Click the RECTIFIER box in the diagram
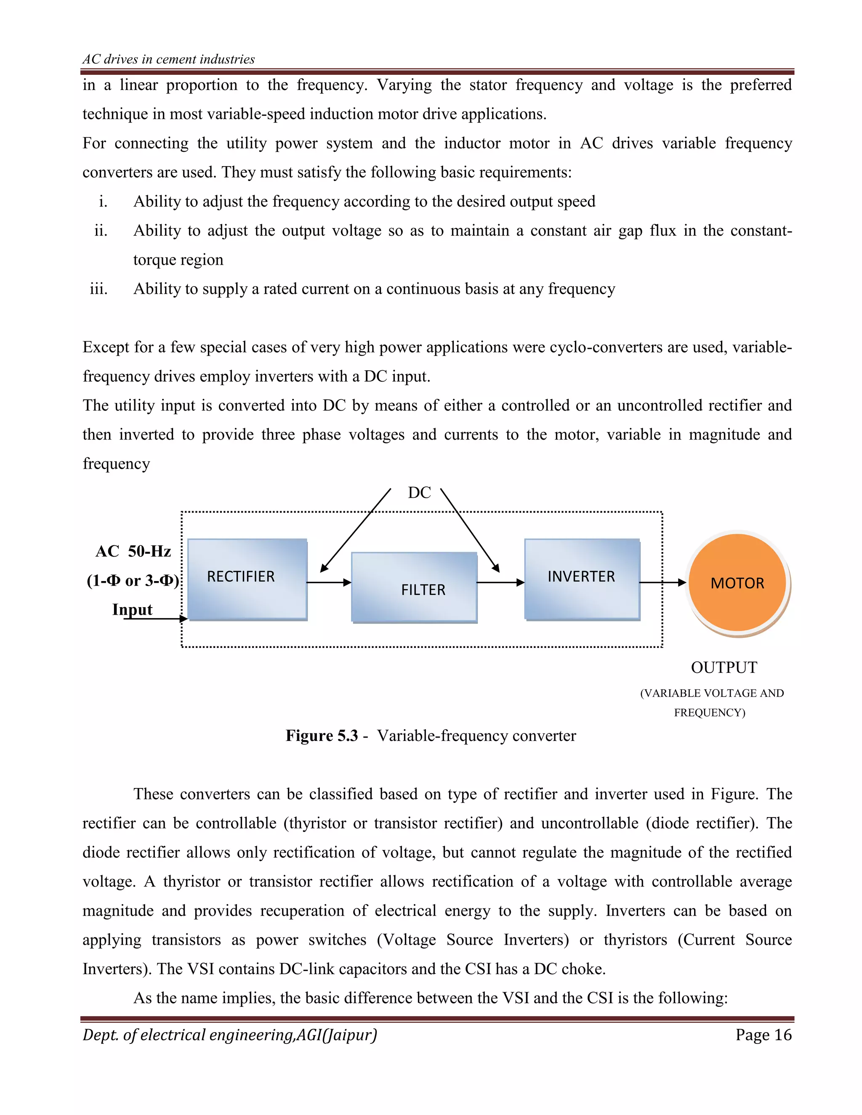pyautogui.click(x=247, y=579)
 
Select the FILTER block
pyautogui.click(x=414, y=587)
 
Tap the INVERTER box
pyautogui.click(x=582, y=579)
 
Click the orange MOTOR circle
pyautogui.click(x=737, y=582)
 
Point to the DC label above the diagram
pyautogui.click(x=419, y=493)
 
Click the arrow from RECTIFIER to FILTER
pyautogui.click(x=329, y=582)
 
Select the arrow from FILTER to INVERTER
pyautogui.click(x=500, y=582)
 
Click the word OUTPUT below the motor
pyautogui.click(x=724, y=667)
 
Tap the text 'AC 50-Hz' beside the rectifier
pyautogui.click(x=133, y=551)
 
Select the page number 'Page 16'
pyautogui.click(x=763, y=1035)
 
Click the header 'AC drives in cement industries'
pyautogui.click(x=168, y=59)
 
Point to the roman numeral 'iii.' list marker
pyautogui.click(x=98, y=289)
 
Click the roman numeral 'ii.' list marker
pyautogui.click(x=101, y=231)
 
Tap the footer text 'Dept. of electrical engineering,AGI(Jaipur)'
pyautogui.click(x=230, y=1035)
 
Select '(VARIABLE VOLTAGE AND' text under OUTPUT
pyautogui.click(x=711, y=693)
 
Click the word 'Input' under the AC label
pyautogui.click(x=132, y=610)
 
